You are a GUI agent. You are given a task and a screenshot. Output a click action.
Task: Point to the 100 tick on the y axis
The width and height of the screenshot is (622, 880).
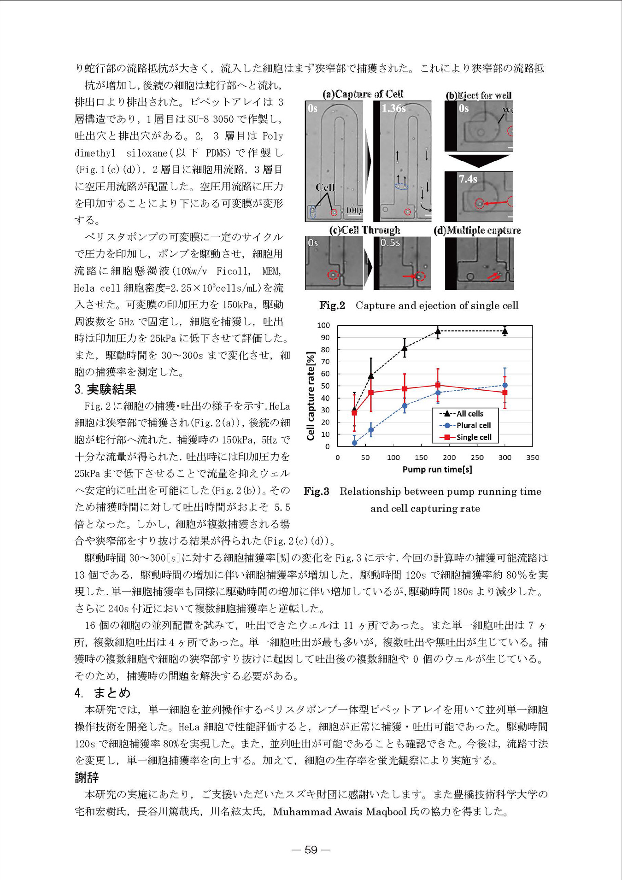(x=324, y=325)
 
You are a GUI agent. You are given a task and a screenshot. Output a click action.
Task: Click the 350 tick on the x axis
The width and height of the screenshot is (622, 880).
(x=533, y=458)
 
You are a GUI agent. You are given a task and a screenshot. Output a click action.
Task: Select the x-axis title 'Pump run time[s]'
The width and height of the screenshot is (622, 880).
(x=437, y=469)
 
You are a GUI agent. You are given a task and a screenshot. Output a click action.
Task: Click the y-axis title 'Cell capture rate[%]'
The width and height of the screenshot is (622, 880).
(x=311, y=396)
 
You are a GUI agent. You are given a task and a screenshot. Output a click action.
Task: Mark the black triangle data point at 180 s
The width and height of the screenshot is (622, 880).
(x=438, y=331)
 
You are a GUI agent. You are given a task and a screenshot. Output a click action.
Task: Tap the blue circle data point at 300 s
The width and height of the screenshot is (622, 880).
(x=505, y=385)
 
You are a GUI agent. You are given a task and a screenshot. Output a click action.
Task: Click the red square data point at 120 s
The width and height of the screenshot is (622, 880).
(x=405, y=389)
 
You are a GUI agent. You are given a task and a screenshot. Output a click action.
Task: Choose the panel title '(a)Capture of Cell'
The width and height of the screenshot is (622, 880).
(x=363, y=94)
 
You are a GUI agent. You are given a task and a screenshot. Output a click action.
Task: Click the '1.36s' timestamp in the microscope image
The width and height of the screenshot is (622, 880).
(x=393, y=109)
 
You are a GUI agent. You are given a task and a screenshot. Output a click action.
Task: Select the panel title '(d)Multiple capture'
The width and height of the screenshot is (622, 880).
(x=477, y=230)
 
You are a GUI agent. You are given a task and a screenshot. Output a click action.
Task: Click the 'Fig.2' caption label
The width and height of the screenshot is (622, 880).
(x=332, y=305)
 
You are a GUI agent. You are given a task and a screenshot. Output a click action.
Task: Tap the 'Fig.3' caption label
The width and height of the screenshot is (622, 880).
(x=317, y=491)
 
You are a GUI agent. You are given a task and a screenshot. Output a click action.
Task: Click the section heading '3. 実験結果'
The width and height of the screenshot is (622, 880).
(x=106, y=389)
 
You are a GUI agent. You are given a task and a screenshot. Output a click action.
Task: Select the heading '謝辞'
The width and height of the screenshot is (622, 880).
(x=87, y=778)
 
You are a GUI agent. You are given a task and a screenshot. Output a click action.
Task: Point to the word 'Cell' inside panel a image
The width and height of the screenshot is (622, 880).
(x=325, y=187)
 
